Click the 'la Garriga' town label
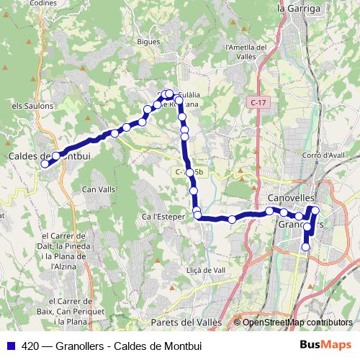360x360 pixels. (x=298, y=9)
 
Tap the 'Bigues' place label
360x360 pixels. (x=148, y=42)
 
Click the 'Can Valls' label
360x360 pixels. (x=99, y=189)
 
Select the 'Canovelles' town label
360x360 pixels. (x=290, y=197)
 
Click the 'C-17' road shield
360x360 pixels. (x=259, y=104)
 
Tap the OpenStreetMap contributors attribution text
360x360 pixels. (x=297, y=323)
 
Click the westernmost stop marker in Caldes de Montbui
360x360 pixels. (x=45, y=163)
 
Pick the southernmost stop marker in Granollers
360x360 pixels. (x=305, y=247)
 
